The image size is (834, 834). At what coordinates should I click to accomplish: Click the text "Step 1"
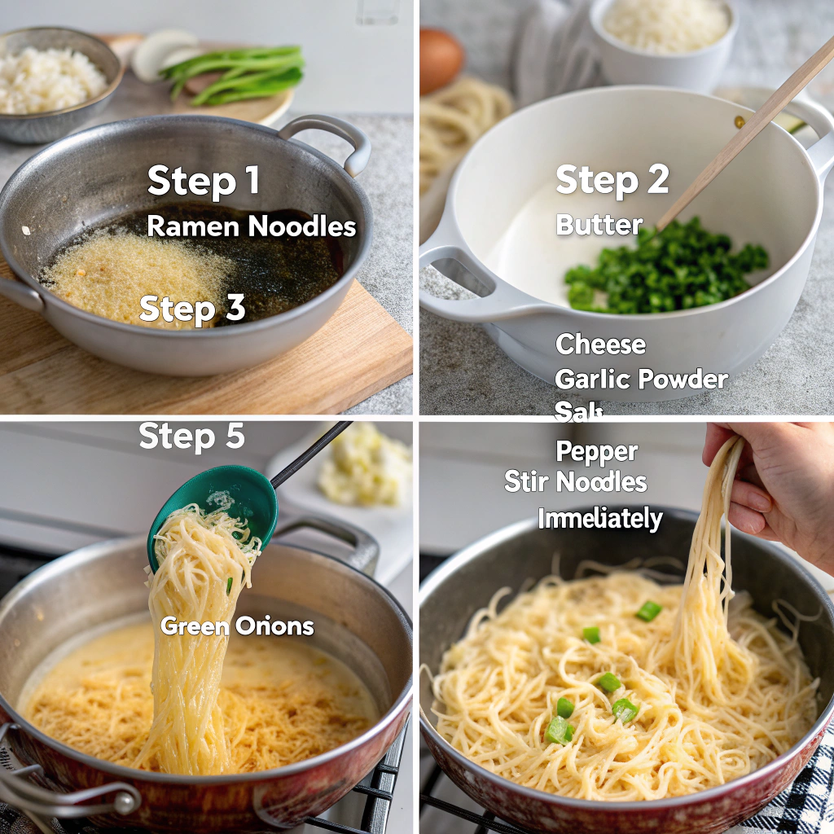[x=204, y=180]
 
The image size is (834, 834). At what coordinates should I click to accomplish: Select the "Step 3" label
[x=192, y=309]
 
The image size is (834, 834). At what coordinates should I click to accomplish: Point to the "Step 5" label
[x=191, y=437]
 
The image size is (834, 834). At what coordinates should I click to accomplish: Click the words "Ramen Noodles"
[x=252, y=226]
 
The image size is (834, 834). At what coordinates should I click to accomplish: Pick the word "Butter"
[x=599, y=225]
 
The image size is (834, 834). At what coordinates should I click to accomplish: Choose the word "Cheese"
[x=600, y=345]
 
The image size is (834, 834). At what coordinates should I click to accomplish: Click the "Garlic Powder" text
[x=641, y=379]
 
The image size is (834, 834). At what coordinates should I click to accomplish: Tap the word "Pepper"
[x=596, y=451]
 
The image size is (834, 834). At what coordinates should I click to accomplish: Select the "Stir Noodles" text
[x=575, y=482]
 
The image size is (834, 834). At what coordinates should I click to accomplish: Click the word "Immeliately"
[x=599, y=519]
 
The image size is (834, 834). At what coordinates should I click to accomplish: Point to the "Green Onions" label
[x=237, y=626]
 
